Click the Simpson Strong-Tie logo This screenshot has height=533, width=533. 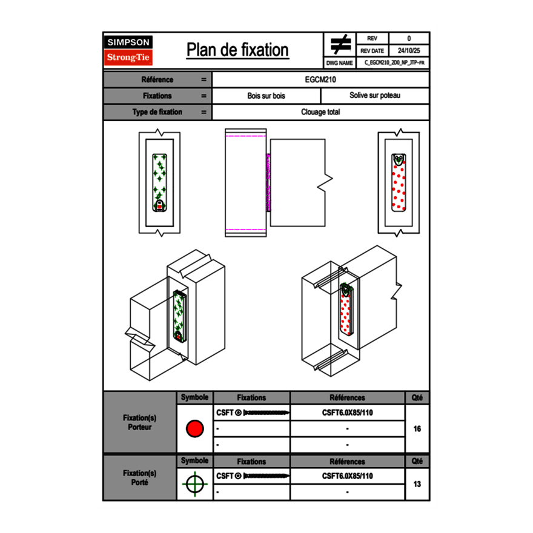click(x=128, y=50)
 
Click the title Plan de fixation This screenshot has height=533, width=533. click(x=237, y=50)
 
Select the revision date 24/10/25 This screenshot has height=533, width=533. click(x=409, y=51)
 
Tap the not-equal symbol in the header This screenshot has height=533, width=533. click(x=340, y=44)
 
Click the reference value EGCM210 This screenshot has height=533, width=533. click(x=321, y=79)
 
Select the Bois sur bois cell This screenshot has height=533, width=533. click(x=266, y=96)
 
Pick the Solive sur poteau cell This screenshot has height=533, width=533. click(x=374, y=96)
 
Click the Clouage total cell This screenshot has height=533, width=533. click(x=321, y=112)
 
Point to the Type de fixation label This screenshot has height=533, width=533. click(x=157, y=112)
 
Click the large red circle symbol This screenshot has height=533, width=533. click(x=194, y=429)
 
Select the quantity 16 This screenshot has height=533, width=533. click(x=417, y=429)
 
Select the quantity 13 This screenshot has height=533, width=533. click(x=417, y=484)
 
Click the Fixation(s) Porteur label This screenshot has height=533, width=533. click(x=139, y=423)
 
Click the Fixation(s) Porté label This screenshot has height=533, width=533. click(x=139, y=478)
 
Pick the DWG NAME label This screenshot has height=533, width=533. click(x=339, y=63)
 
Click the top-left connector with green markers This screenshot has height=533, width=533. click(x=160, y=181)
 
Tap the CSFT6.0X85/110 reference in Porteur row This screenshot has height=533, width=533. click(x=347, y=412)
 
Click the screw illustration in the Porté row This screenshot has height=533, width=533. click(x=266, y=476)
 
